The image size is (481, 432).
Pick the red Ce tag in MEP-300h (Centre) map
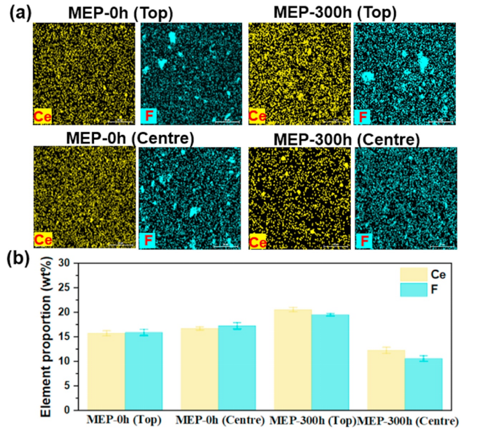point(257,241)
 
